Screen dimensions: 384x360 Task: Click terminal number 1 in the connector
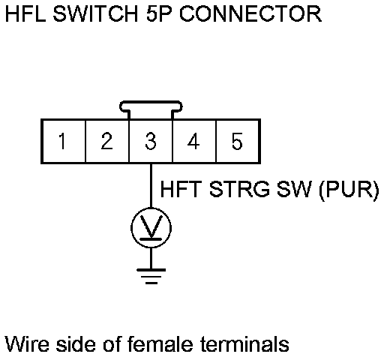click(64, 141)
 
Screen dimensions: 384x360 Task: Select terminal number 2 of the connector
click(107, 141)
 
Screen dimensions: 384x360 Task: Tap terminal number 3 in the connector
click(151, 141)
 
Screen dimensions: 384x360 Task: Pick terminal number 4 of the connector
click(194, 141)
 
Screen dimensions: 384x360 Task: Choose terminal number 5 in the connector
click(238, 141)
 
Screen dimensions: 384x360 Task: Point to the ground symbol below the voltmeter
click(151, 276)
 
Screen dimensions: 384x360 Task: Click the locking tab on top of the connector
click(151, 103)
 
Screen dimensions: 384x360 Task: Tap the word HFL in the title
click(25, 13)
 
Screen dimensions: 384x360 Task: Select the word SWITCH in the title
click(95, 13)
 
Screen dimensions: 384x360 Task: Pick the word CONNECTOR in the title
click(250, 13)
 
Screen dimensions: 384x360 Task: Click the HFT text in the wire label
click(181, 189)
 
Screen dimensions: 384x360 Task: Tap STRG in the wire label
click(239, 189)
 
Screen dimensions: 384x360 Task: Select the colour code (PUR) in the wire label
click(349, 190)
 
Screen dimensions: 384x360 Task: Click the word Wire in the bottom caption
click(27, 343)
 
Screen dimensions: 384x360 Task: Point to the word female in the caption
click(160, 343)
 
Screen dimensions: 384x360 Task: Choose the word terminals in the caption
click(244, 343)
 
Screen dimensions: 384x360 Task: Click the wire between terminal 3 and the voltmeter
click(151, 185)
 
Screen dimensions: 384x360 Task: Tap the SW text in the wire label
click(294, 189)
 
